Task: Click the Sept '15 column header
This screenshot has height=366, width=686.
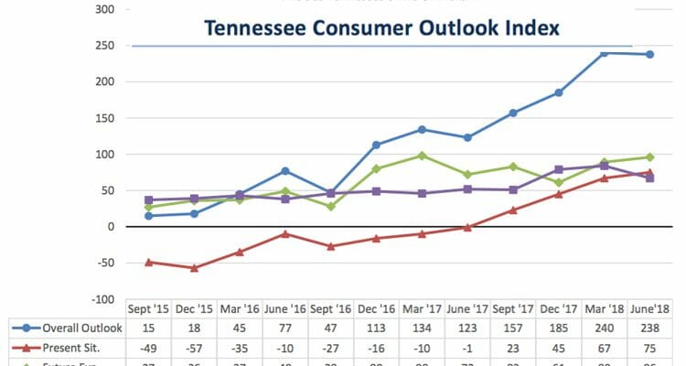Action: (x=148, y=310)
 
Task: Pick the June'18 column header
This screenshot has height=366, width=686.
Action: (x=650, y=310)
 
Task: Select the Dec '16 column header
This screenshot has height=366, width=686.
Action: (x=377, y=310)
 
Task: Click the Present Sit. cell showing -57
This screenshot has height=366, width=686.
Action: (x=194, y=347)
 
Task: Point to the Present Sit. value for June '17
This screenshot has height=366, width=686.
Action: (x=467, y=347)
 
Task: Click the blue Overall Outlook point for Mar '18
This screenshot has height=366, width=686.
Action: (x=604, y=53)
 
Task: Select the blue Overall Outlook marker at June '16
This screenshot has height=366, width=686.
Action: (x=285, y=171)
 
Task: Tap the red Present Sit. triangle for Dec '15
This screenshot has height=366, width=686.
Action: (x=194, y=268)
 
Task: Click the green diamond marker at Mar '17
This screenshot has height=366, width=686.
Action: (x=422, y=156)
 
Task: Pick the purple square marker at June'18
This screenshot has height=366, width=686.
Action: (x=649, y=178)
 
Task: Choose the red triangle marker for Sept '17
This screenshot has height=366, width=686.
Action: (x=513, y=210)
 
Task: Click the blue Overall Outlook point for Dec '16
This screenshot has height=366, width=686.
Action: (x=377, y=145)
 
